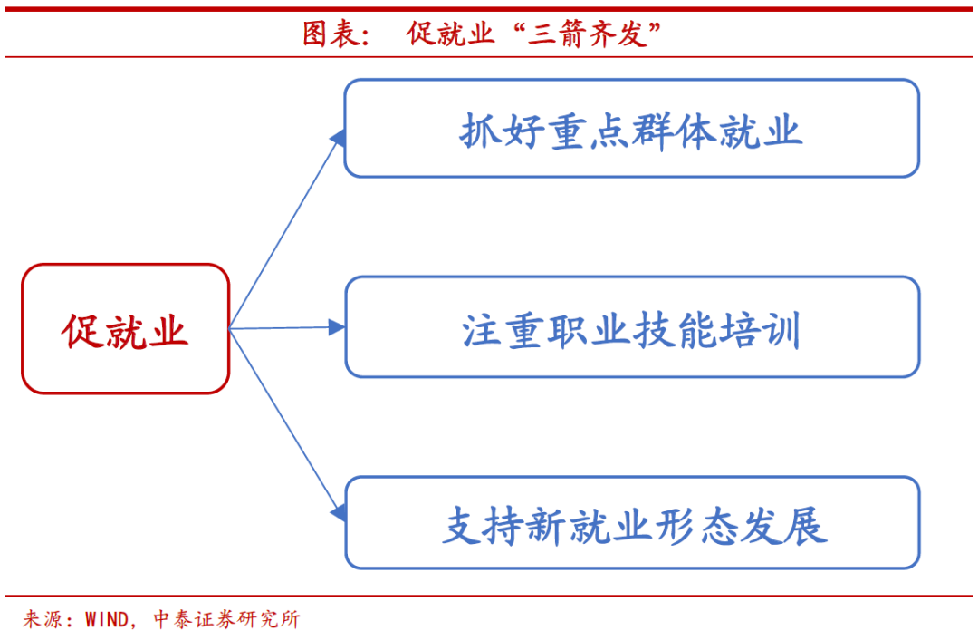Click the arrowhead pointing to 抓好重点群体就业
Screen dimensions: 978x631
point(338,138)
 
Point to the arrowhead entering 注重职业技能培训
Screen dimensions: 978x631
point(337,326)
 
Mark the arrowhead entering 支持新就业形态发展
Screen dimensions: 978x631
point(338,513)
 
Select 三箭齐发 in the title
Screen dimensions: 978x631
point(586,34)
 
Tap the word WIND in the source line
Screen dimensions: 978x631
point(107,619)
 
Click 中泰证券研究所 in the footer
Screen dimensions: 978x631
point(226,619)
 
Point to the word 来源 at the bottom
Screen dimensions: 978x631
point(43,619)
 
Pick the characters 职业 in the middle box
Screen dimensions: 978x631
point(589,330)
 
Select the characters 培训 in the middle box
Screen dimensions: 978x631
point(759,330)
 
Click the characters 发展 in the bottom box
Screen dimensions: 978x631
point(784,526)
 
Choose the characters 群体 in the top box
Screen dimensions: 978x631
point(674,131)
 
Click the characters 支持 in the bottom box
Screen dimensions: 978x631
point(484,526)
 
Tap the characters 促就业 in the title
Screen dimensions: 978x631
point(450,34)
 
